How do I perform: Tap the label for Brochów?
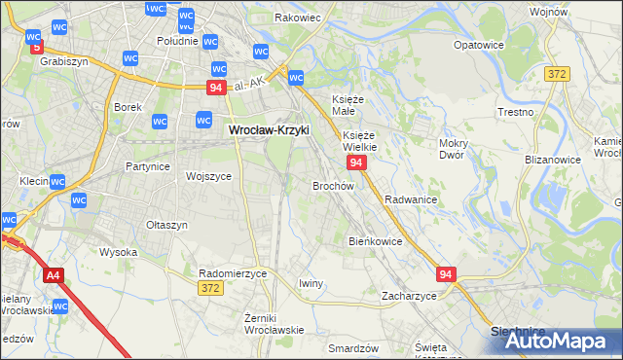(332, 185)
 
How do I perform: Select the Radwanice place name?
(410, 198)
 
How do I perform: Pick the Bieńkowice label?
(375, 240)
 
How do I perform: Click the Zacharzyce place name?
(409, 295)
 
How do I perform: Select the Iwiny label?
(311, 283)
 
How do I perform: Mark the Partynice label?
(148, 166)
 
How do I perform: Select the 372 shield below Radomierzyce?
(209, 288)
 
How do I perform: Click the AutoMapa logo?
(553, 342)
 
